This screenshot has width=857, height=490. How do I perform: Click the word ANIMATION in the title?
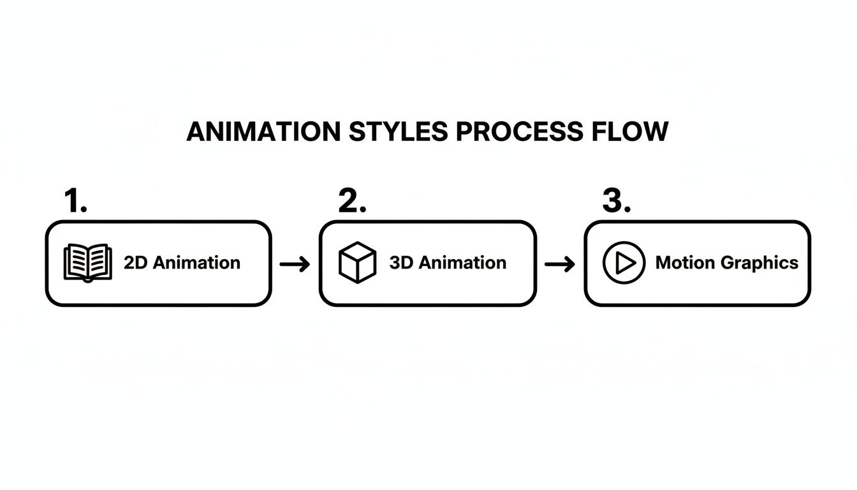coord(263,132)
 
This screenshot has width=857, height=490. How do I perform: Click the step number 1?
coord(75,202)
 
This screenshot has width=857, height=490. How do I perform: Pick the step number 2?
coord(352,202)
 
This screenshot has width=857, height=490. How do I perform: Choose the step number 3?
coord(617,202)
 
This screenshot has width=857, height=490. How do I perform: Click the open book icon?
coord(88,262)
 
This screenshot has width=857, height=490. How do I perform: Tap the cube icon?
coord(357,262)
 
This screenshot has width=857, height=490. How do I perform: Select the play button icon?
coord(624,262)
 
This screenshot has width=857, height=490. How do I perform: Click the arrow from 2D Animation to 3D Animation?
coord(295,264)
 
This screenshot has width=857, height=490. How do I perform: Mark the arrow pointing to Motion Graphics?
coord(560,264)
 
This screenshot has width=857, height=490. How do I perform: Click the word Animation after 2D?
coord(197,262)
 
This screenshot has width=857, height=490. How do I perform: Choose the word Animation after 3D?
coord(463,262)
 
